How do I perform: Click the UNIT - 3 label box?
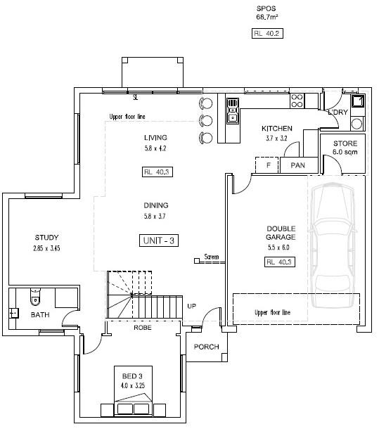click(159, 241)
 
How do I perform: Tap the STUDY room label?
click(46, 238)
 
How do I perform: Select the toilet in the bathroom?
click(35, 297)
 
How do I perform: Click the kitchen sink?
click(233, 110)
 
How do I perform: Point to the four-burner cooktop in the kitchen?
click(297, 101)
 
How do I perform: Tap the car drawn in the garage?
click(332, 245)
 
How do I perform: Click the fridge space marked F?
click(267, 165)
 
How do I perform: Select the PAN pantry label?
click(298, 165)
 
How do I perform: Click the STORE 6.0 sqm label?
click(345, 148)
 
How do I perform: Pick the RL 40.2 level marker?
click(267, 33)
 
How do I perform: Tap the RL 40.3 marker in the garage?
click(279, 262)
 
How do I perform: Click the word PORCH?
click(206, 347)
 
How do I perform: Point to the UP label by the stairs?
click(191, 306)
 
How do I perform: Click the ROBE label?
click(143, 328)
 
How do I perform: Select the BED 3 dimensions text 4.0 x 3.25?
click(133, 385)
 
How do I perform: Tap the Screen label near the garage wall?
click(212, 257)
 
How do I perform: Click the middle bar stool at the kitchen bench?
click(206, 121)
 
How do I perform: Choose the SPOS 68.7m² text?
click(267, 13)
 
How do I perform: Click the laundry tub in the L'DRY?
click(358, 101)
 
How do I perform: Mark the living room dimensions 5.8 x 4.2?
click(155, 148)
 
